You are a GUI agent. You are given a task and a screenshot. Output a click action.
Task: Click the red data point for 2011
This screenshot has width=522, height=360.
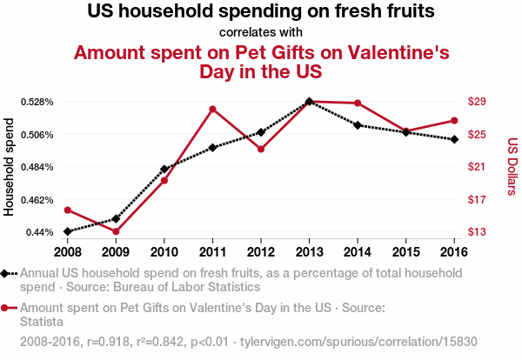212,109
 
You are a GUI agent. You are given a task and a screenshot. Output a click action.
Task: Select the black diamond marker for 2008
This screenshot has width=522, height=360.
67,231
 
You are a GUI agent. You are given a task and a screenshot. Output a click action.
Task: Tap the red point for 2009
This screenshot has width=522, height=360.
116,231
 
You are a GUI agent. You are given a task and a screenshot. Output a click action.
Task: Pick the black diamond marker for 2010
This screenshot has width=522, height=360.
164,169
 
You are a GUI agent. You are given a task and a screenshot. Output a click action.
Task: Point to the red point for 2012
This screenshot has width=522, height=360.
261,150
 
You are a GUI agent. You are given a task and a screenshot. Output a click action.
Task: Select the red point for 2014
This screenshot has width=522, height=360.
358,103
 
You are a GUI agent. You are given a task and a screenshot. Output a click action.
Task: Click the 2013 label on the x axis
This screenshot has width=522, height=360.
310,252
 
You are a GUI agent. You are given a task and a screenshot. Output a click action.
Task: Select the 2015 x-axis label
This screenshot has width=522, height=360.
406,252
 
